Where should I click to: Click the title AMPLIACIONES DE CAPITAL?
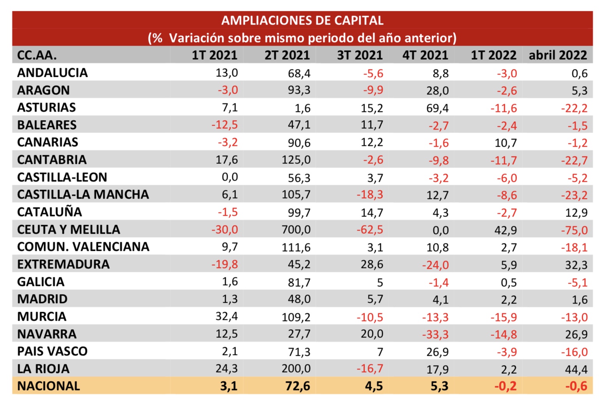[302, 20]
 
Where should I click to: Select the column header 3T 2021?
[359, 55]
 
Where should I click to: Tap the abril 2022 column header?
[557, 55]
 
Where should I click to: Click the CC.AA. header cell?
[37, 55]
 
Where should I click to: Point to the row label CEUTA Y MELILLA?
[69, 229]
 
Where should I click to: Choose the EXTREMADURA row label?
[64, 264]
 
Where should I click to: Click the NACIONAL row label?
[49, 386]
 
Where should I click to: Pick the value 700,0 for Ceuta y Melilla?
[296, 229]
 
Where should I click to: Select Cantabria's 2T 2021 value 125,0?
[296, 160]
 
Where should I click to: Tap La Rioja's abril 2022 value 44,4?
[576, 369]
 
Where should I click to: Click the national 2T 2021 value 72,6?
[297, 386]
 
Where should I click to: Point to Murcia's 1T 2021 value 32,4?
[226, 316]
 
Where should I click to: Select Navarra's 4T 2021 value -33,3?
[435, 334]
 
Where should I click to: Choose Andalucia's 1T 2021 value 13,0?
[226, 73]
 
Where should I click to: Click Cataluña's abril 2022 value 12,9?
[576, 213]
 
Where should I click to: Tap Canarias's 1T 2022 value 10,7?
[506, 143]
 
